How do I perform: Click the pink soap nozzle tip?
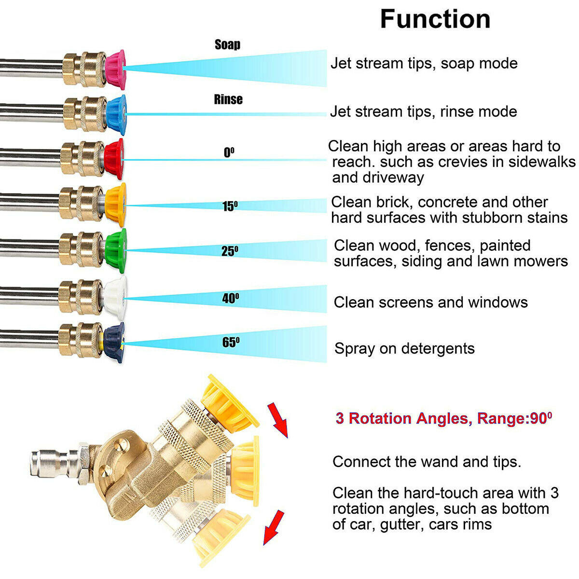(x=116, y=69)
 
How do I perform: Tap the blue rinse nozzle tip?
(x=117, y=114)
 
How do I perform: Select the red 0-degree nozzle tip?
(x=114, y=159)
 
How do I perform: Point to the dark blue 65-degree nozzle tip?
(x=115, y=342)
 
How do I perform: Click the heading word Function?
(x=435, y=19)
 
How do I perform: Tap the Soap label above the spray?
(x=227, y=44)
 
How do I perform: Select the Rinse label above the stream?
(x=228, y=99)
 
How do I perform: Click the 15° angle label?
(x=230, y=207)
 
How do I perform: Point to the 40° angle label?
(x=230, y=299)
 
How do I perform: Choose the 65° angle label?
(x=231, y=342)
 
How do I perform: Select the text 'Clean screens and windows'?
(x=430, y=303)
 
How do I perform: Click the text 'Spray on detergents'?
(x=404, y=348)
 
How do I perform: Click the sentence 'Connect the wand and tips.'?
(x=427, y=462)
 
